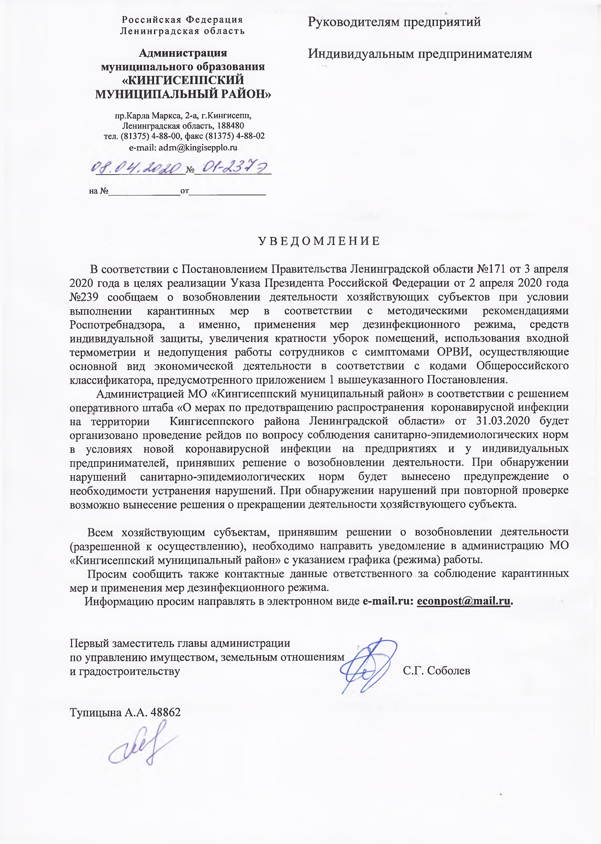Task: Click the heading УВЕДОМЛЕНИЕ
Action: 319,241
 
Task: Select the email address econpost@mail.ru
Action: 464,601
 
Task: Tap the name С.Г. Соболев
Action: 437,671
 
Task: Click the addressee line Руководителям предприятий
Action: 394,22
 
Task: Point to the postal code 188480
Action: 228,126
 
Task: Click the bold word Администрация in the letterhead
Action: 183,53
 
